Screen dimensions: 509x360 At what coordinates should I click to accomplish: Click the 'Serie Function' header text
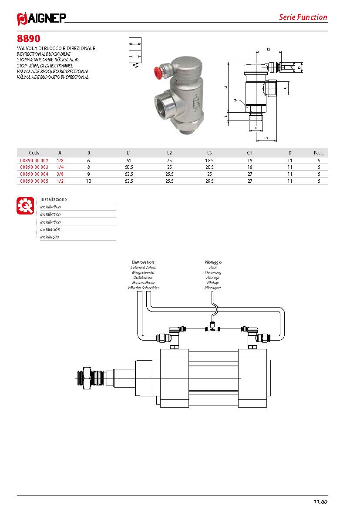[x=303, y=17]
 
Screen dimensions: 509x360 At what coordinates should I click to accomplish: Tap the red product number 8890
[x=29, y=39]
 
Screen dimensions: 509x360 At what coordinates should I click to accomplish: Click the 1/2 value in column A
[x=60, y=181]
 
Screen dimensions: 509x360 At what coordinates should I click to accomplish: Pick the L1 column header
[x=129, y=153]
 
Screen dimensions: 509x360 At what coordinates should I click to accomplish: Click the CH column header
[x=249, y=153]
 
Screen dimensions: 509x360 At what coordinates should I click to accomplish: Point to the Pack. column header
[x=319, y=153]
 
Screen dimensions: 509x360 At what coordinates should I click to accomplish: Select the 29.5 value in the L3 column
[x=209, y=181]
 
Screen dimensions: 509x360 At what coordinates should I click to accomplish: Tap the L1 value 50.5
[x=129, y=167]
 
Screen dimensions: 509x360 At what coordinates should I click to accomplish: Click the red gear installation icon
[x=25, y=205]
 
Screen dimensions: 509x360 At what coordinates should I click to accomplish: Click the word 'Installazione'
[x=54, y=199]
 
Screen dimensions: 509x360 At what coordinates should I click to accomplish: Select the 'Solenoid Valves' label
[x=143, y=268]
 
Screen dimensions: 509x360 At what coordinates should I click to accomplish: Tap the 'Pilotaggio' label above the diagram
[x=213, y=262]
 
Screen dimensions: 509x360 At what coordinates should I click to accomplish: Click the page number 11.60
[x=320, y=502]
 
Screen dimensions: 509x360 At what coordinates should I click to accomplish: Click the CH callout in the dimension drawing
[x=236, y=100]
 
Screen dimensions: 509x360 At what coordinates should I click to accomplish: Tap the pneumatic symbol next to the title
[x=135, y=53]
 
